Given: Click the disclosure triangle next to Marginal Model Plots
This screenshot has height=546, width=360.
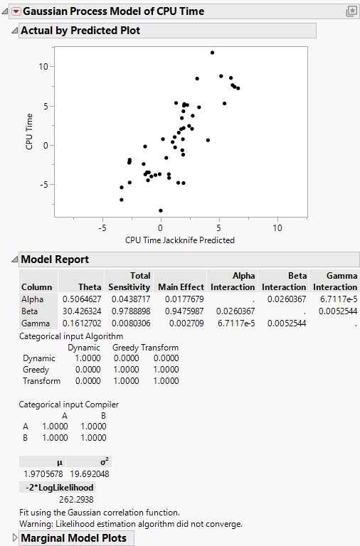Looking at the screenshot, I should point(15,538).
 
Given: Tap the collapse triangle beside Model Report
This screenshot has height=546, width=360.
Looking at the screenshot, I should point(15,259).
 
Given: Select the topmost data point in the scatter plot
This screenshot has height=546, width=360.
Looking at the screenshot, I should point(212,53).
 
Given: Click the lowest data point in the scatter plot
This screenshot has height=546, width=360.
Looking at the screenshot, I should point(161,210).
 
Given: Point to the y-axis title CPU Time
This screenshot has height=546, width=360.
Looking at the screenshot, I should point(29,134).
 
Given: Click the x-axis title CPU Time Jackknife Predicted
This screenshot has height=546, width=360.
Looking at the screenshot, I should point(179,240).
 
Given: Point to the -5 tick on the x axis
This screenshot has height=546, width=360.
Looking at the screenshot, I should point(102,227).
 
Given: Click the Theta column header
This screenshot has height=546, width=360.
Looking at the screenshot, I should point(90,287).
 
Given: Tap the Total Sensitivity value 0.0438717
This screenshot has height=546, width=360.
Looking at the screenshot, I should point(129,299).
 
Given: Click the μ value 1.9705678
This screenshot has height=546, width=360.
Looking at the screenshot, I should point(43,473).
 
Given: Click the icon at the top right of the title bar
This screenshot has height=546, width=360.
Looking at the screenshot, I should point(351,11).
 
